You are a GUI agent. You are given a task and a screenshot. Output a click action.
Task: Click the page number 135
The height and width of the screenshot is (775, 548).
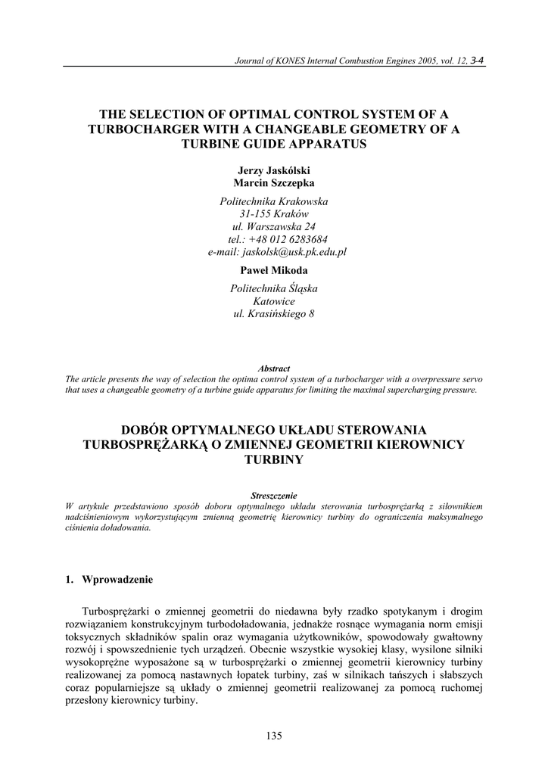tap(273, 735)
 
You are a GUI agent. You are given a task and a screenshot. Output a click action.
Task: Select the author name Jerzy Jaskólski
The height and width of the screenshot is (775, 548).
tap(273, 171)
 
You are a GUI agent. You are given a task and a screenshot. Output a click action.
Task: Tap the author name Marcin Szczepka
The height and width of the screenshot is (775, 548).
tap(273, 182)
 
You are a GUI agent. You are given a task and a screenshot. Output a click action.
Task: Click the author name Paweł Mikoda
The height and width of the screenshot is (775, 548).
tap(273, 269)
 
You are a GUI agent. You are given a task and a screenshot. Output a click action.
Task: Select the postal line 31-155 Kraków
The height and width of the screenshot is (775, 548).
tap(273, 214)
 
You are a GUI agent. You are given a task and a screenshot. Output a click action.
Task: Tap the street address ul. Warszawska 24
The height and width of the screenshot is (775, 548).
tap(273, 226)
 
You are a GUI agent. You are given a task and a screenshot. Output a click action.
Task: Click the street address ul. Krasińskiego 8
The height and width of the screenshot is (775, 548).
tap(273, 313)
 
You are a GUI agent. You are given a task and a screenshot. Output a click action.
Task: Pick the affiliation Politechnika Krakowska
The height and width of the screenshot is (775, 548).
tap(273, 201)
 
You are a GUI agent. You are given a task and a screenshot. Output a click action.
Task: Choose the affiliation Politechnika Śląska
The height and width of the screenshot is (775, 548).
tap(273, 288)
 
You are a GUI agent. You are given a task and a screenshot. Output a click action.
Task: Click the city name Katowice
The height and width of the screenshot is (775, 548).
tap(273, 300)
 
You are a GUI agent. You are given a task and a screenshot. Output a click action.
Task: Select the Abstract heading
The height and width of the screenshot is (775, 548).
tap(273, 369)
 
